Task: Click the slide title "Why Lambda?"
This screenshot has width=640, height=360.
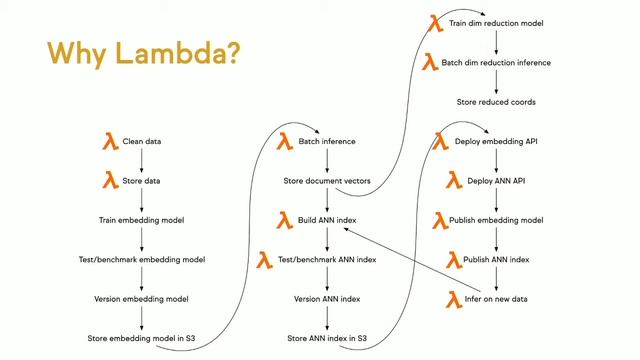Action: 143,51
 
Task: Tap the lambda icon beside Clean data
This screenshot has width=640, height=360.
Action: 111,142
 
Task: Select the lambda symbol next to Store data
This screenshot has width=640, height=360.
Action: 111,181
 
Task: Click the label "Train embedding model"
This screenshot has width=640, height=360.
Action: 141,220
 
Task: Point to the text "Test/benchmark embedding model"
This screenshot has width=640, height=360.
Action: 141,259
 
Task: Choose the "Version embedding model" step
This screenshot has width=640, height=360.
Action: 141,298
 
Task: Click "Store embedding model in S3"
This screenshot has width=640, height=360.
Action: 141,338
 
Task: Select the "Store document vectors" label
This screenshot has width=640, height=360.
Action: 327,181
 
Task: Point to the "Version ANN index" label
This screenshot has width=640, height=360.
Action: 327,298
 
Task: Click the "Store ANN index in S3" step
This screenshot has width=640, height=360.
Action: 327,338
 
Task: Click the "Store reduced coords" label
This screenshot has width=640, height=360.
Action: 496,102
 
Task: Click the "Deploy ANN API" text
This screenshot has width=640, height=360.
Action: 496,181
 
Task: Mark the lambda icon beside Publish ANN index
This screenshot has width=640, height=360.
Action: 453,260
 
